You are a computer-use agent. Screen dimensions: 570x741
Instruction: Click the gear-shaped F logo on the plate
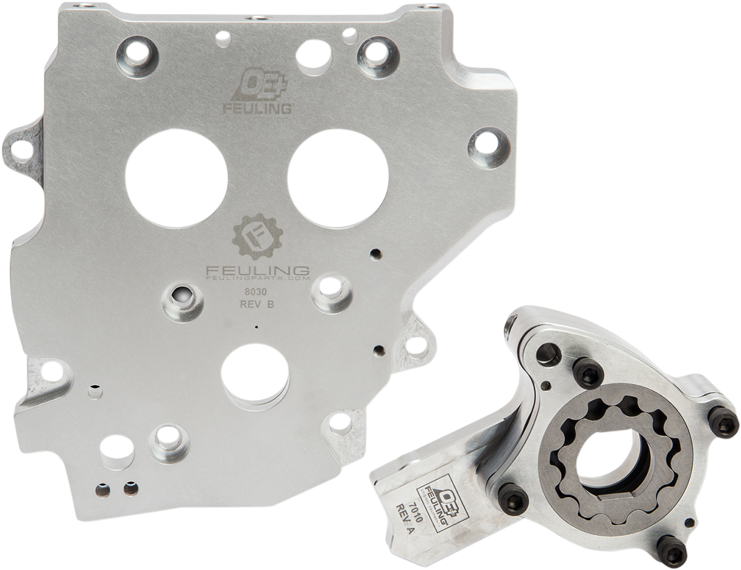click(256, 238)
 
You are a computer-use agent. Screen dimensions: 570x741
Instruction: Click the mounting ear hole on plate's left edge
click(22, 148)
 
